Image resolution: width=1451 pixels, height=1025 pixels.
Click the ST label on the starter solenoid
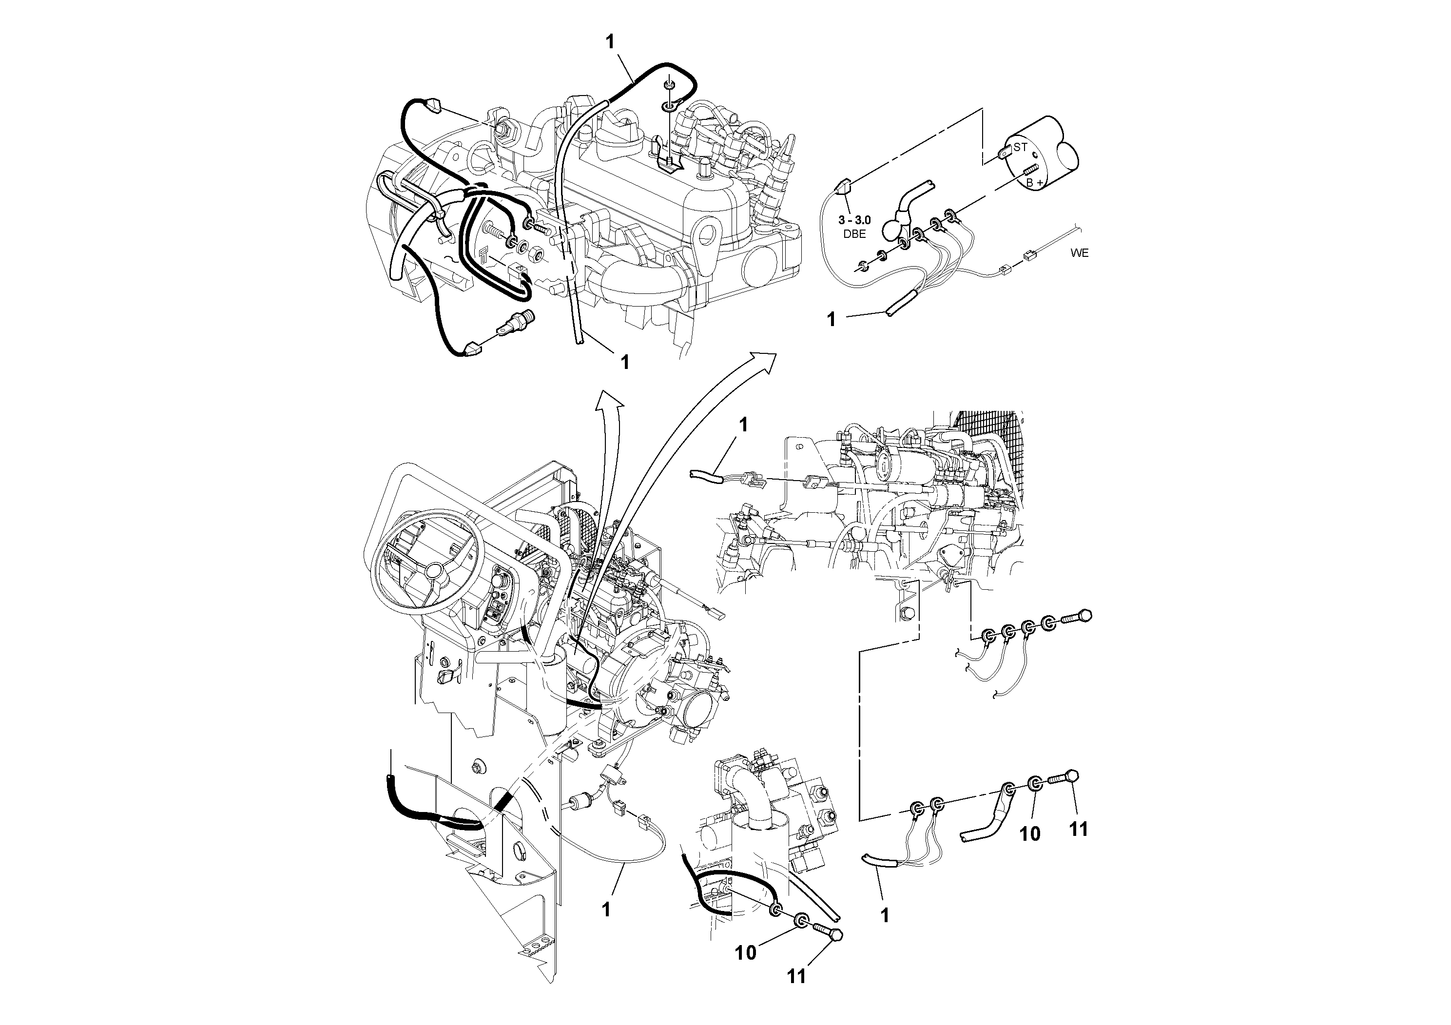(1020, 147)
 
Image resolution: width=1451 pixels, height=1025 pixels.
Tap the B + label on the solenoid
(1035, 183)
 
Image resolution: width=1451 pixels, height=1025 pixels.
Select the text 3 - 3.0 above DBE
(854, 220)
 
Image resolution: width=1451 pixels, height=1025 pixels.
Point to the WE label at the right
(1080, 253)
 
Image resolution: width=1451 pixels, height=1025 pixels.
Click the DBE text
(854, 234)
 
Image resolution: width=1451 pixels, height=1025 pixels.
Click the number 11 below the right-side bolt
(1078, 829)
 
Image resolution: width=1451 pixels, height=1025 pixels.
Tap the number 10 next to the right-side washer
(1030, 834)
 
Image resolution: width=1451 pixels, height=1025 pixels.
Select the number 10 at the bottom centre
(746, 953)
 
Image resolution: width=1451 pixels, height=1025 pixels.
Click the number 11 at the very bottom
(796, 977)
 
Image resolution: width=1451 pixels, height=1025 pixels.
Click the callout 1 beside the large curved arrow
(743, 425)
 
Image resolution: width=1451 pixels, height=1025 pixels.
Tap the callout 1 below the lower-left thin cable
(606, 910)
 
